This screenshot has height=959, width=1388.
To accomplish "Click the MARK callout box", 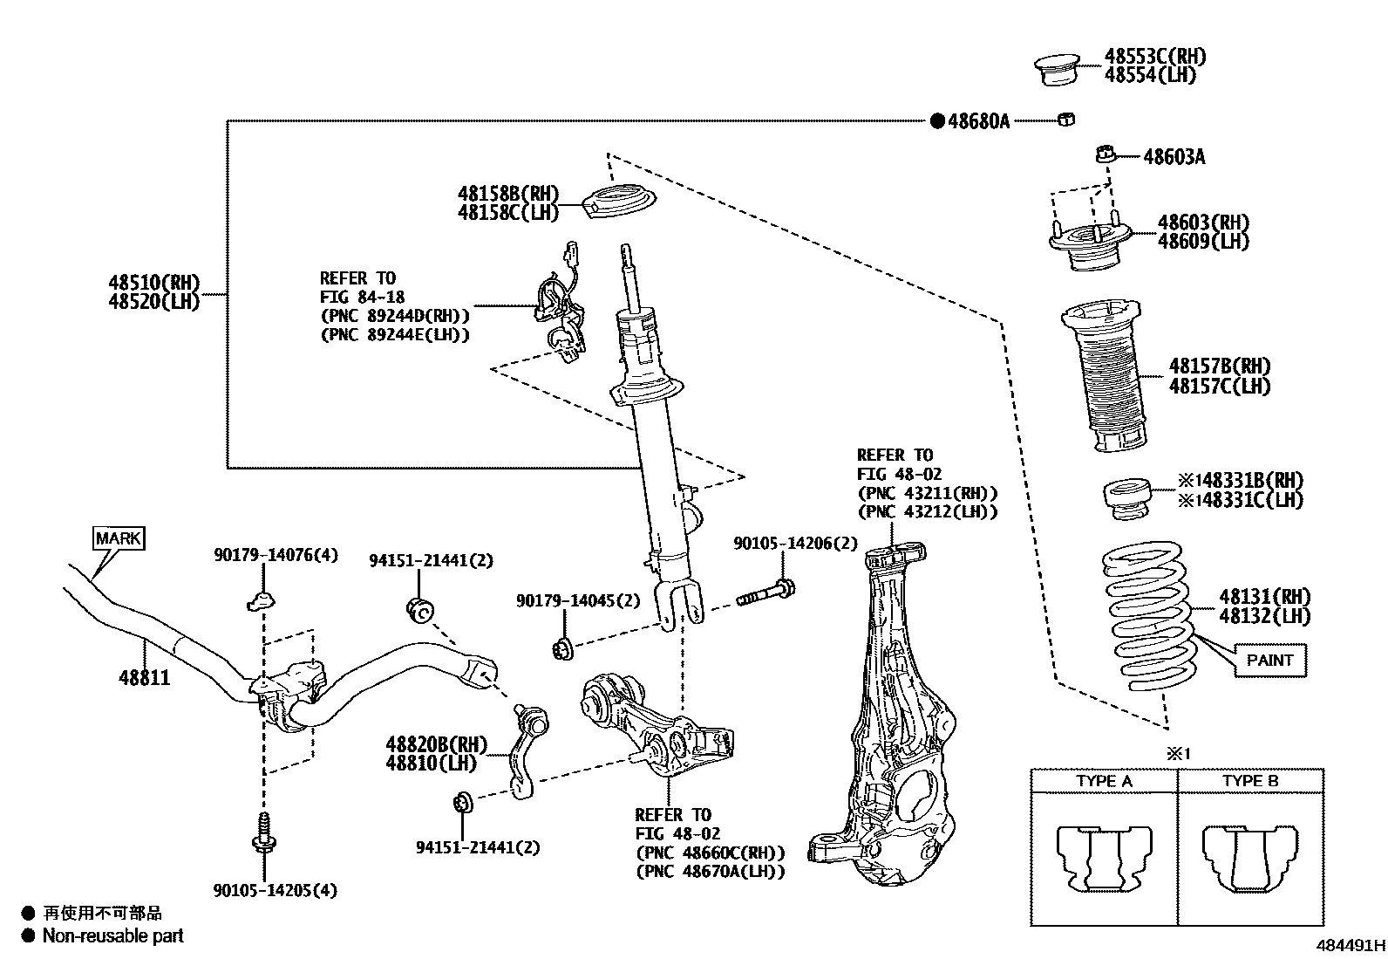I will (119, 538).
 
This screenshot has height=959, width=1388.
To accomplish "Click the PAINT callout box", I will (1269, 660).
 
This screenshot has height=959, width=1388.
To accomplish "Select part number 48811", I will (144, 677).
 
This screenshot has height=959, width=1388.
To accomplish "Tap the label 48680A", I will (977, 121).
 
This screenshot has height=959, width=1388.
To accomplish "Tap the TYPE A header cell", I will (1104, 780).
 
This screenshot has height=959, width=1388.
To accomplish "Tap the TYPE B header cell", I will (1250, 780).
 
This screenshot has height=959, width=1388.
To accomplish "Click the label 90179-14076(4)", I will (276, 554).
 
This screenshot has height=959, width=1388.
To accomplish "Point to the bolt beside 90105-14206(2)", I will (765, 595).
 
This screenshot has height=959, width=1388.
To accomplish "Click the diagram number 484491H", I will (1350, 945).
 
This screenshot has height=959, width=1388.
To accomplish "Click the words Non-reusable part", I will (113, 935).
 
